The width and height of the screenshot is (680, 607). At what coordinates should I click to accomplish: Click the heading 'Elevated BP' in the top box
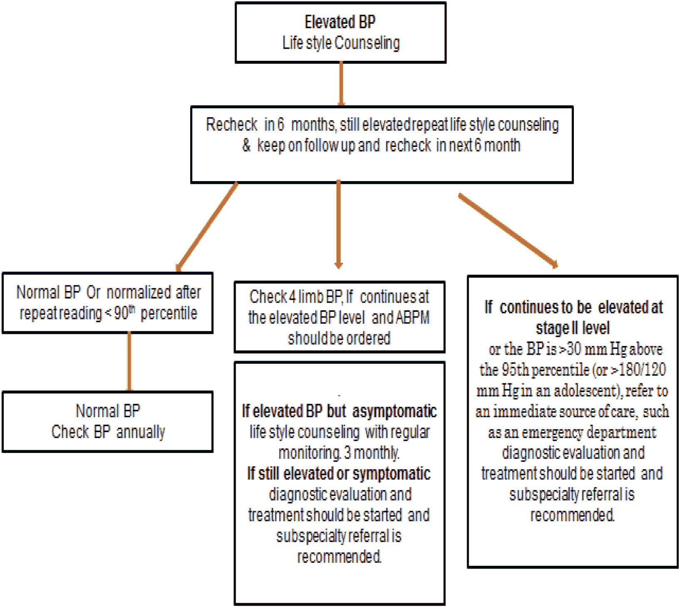click(x=340, y=22)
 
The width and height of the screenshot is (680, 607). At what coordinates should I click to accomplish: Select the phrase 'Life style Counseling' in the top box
click(x=341, y=43)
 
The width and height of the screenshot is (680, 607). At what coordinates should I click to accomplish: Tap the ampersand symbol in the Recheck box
click(x=246, y=145)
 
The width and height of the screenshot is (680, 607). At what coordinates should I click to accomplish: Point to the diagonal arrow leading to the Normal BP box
click(x=207, y=227)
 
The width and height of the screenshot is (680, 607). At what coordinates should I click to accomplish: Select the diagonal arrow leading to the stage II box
click(x=508, y=230)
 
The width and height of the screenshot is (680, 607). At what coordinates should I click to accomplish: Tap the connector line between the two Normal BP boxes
click(x=129, y=361)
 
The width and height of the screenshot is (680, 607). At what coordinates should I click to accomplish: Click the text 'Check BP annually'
click(x=108, y=432)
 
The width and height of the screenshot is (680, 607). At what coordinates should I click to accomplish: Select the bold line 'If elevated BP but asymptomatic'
click(x=339, y=411)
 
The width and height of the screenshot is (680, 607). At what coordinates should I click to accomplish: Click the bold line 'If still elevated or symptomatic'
click(x=339, y=474)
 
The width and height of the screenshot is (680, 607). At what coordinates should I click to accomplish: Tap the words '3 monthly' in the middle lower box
click(x=371, y=453)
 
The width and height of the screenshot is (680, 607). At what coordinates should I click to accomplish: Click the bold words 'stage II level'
click(x=573, y=328)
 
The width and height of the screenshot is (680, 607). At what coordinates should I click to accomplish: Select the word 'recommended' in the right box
click(x=572, y=515)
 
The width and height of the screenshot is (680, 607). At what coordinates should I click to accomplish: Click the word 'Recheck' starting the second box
click(x=231, y=124)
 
